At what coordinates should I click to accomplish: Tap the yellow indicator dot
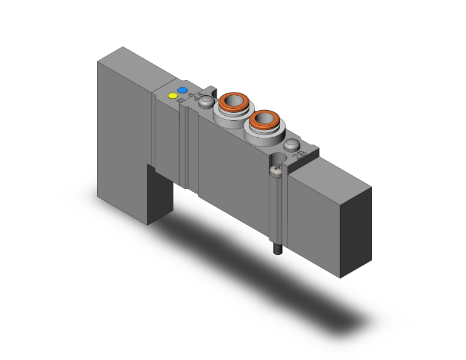click(172, 96)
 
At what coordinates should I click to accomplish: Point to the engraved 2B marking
click(301, 155)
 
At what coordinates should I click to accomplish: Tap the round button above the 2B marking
click(291, 146)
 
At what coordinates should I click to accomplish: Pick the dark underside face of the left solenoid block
click(160, 194)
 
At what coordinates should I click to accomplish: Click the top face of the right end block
click(332, 177)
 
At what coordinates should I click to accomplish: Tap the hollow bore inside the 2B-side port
click(263, 118)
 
